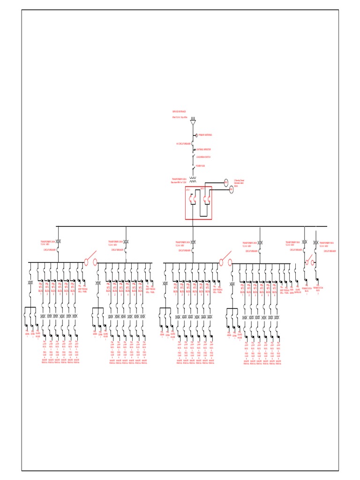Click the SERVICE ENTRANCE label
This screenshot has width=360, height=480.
point(180,112)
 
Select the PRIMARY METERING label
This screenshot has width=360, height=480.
point(204,135)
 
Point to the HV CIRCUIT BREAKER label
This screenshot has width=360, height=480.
point(183,143)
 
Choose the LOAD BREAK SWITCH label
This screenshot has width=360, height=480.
point(204,158)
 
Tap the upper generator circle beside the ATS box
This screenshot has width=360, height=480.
point(225,181)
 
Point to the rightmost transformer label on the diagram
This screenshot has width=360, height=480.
point(327,243)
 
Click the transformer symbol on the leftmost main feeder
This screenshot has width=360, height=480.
point(59,241)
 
